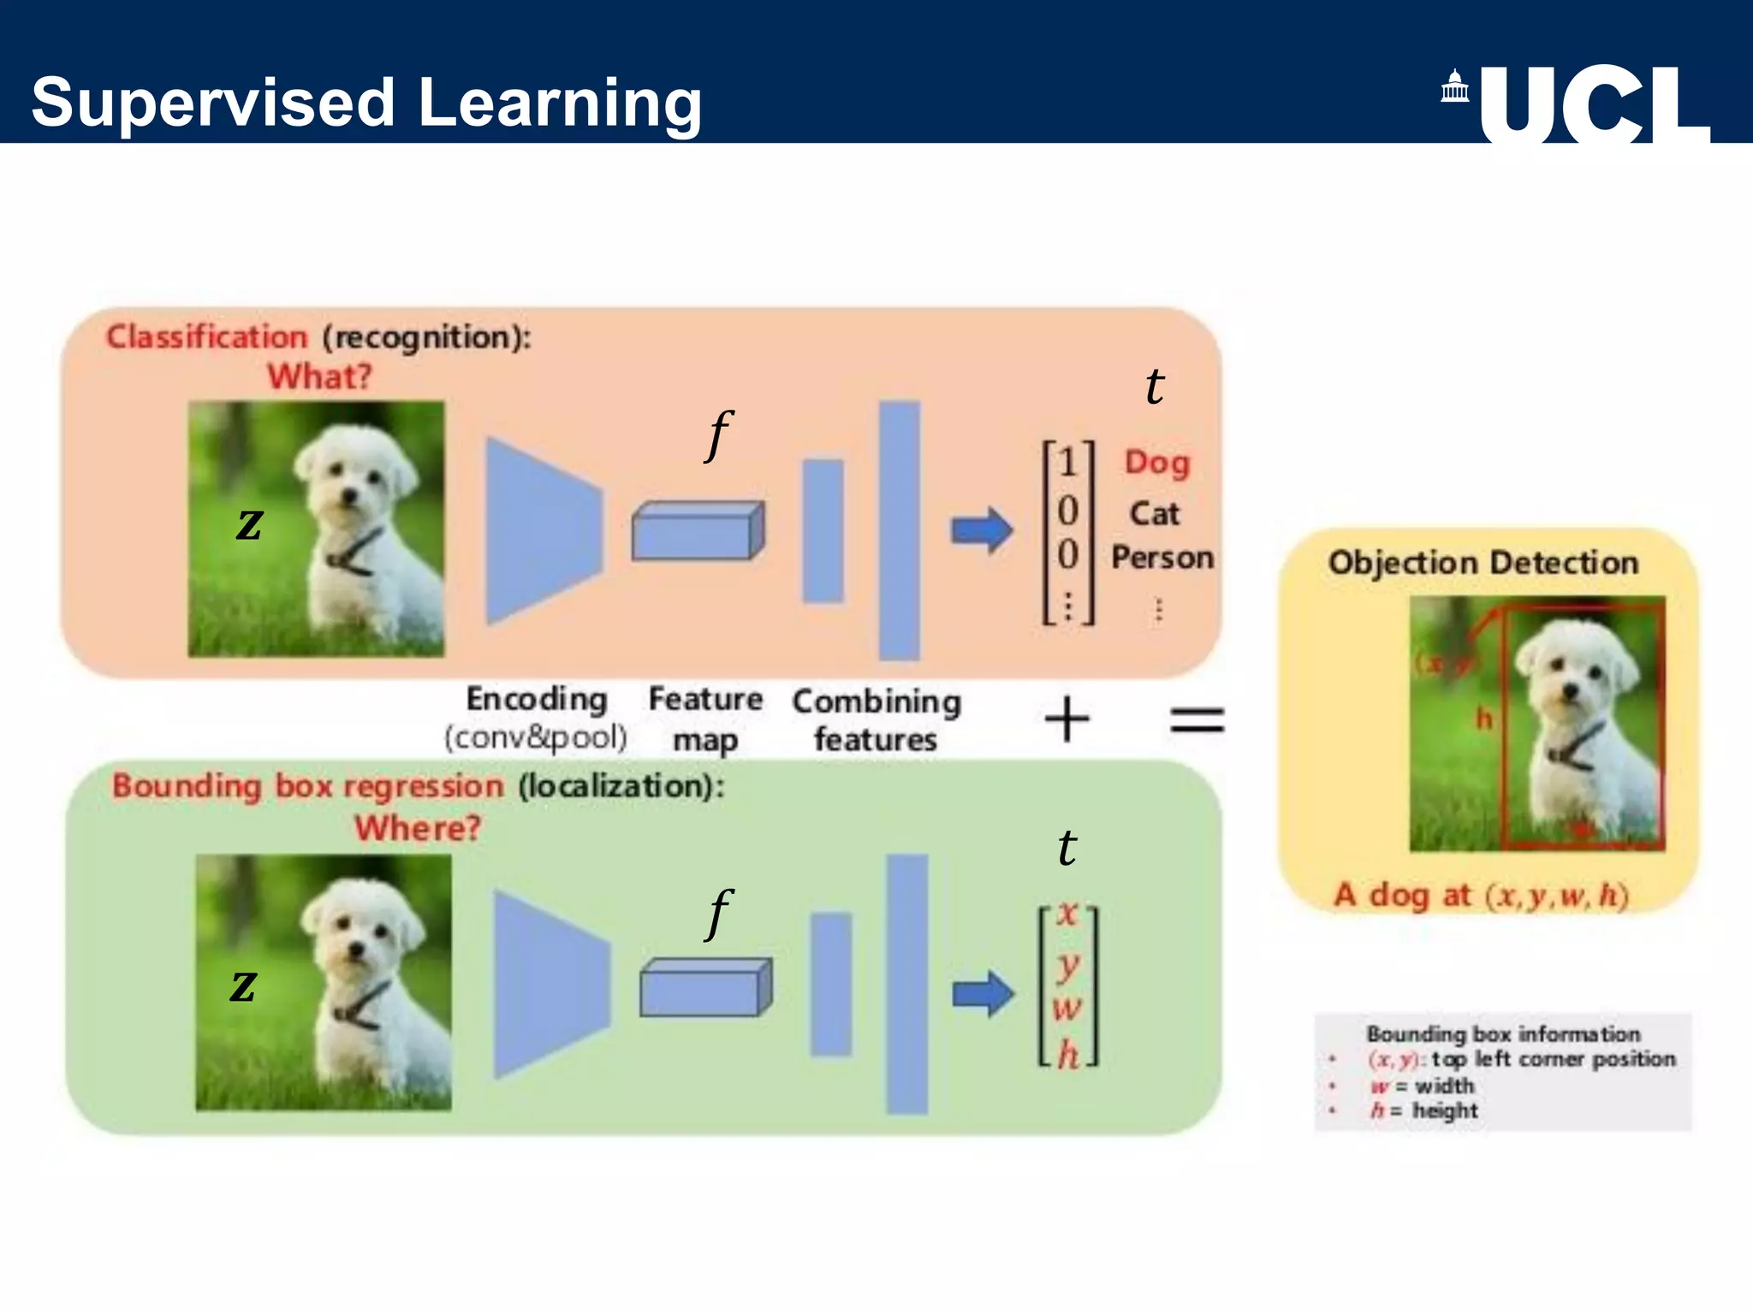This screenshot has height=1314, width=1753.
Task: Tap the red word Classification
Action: [206, 337]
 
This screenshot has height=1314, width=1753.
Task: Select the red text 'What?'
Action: [319, 376]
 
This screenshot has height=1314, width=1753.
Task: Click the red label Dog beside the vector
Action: [1156, 463]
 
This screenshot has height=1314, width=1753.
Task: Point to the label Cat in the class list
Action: [1154, 513]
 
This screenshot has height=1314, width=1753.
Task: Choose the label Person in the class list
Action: [1162, 558]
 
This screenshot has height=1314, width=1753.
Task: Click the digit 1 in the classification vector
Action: [1067, 463]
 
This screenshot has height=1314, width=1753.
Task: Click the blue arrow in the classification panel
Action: [982, 530]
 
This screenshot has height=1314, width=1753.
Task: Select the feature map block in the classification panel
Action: [698, 531]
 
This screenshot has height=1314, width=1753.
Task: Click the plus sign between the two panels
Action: [1067, 719]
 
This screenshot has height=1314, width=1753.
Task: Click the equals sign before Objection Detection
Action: [1197, 719]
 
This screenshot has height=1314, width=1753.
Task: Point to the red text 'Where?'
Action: [418, 827]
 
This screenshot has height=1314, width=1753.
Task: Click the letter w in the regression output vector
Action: [1067, 1008]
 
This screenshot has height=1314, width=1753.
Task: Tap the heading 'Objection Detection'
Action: [1483, 563]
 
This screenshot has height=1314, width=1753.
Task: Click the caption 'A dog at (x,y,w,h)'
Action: [1481, 895]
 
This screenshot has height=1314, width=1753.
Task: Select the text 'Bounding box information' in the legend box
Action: [1503, 1034]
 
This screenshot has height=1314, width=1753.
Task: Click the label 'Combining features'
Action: [876, 720]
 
